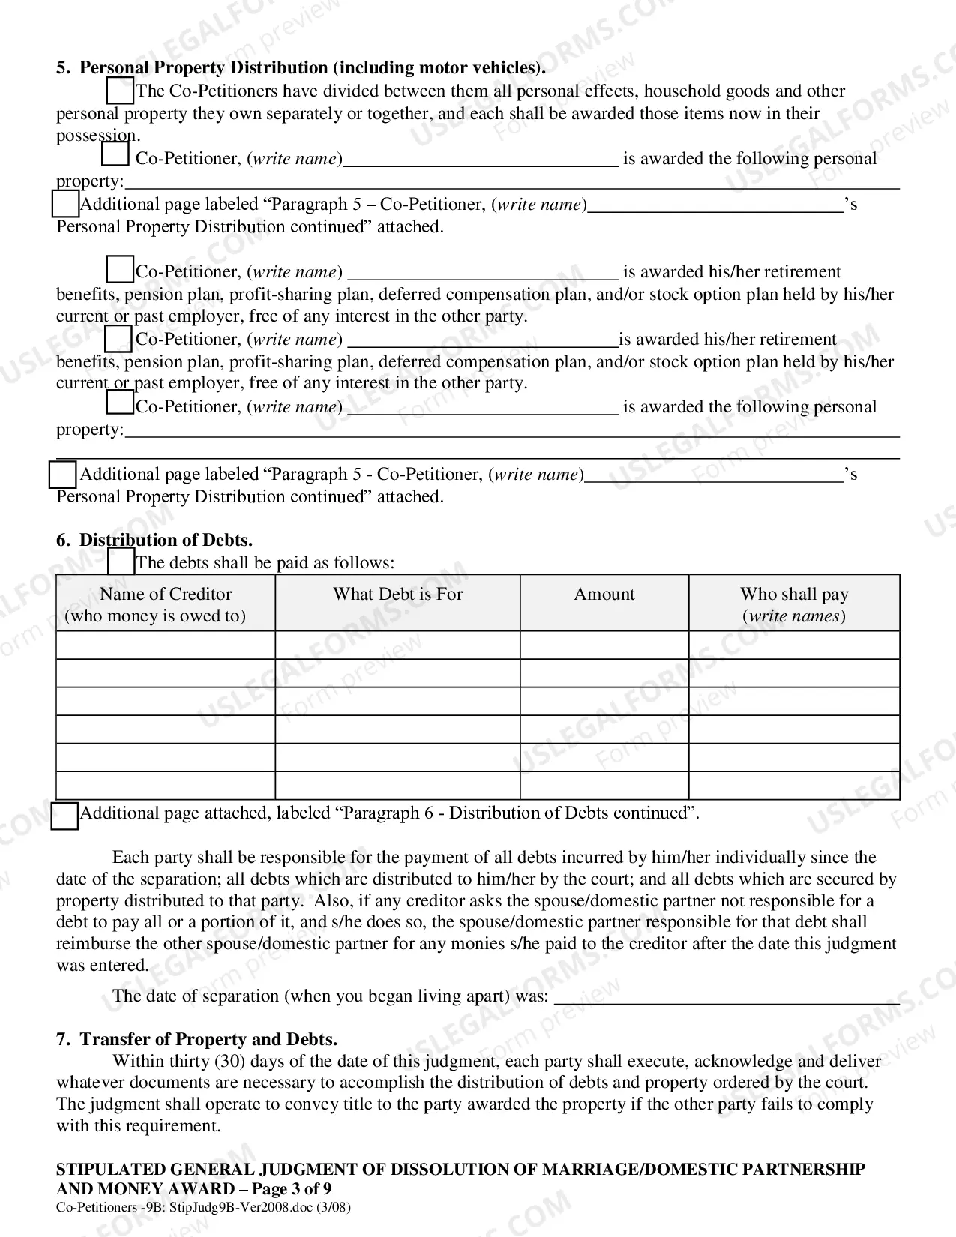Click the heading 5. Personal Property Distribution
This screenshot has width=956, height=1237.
300,67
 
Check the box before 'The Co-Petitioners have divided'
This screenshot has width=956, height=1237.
120,91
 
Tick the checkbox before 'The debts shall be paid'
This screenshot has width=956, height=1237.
121,562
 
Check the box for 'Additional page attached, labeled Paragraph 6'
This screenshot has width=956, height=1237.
65,816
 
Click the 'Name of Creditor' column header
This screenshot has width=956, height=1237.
166,604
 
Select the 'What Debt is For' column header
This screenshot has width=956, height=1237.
397,594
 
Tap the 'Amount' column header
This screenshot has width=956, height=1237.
604,594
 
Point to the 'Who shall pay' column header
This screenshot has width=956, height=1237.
794,604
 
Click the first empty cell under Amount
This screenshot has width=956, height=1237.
604,645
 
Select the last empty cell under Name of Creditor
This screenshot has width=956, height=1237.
166,785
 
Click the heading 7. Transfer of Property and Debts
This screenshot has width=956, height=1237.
196,1039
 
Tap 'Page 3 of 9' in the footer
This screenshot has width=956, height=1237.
292,1189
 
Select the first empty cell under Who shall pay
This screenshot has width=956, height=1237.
794,645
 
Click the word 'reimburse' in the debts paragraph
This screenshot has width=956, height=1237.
91,944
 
